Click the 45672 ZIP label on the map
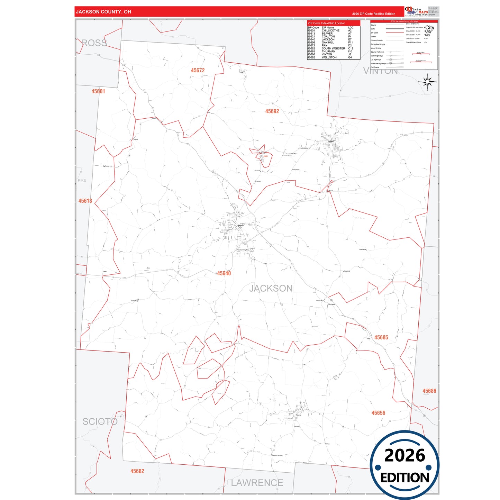[x=198, y=70]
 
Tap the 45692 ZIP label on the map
[x=272, y=111]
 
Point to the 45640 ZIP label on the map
[x=224, y=273]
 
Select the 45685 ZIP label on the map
[x=381, y=337]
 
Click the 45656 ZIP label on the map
[x=378, y=413]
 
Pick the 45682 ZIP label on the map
[x=137, y=471]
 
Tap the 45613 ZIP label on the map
[x=85, y=201]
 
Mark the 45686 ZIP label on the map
[x=429, y=391]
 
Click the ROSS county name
[x=94, y=43]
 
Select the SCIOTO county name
[x=100, y=421]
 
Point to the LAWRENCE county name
[x=257, y=483]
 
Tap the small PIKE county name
[x=82, y=180]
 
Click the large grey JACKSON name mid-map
[x=271, y=288]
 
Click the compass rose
[x=427, y=82]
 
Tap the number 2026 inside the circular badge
[x=404, y=455]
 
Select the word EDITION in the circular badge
[x=405, y=478]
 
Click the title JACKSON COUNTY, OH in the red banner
[x=103, y=12]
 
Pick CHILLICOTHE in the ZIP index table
[x=330, y=30]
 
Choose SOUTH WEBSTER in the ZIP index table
[x=333, y=48]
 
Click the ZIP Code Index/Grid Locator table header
[x=326, y=23]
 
